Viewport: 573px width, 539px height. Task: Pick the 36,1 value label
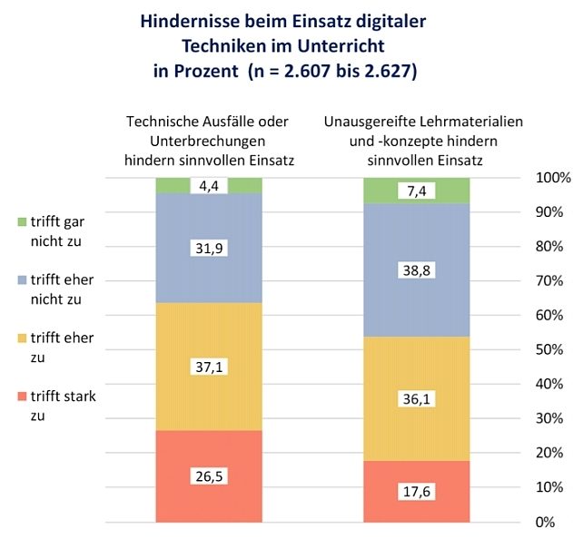tap(417, 398)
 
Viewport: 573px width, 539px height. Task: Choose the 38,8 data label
tap(417, 269)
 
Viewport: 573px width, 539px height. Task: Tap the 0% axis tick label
tap(546, 522)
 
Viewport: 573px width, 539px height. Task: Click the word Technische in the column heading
tap(159, 122)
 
